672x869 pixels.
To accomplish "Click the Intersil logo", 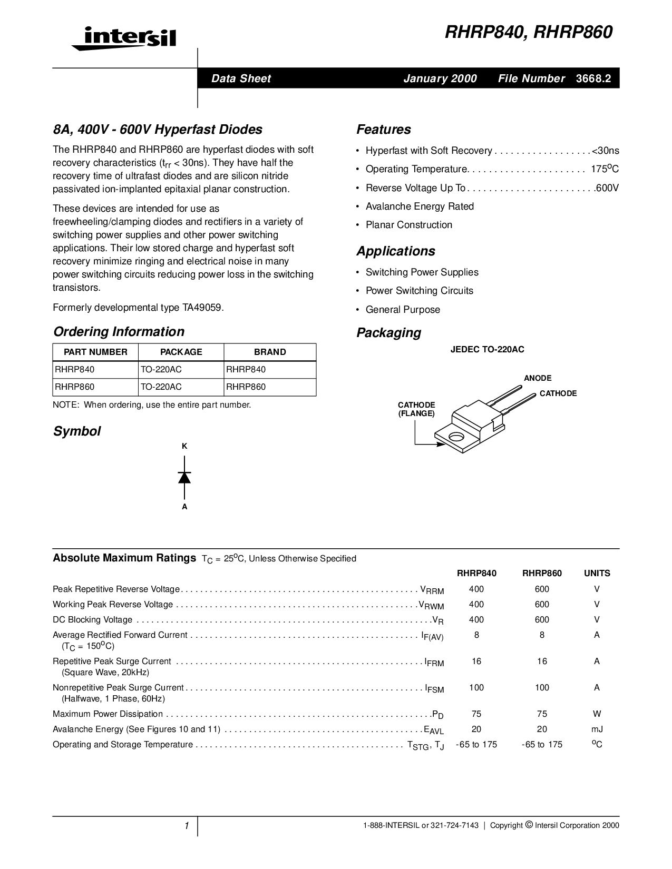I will pos(124,38).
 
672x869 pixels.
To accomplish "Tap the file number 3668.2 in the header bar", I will pos(593,78).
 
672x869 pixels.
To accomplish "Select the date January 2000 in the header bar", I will pos(440,78).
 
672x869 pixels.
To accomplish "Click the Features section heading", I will pos(383,130).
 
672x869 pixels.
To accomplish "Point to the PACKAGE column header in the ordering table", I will pos(181,352).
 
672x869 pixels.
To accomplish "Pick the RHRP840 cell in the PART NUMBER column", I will pos(75,369).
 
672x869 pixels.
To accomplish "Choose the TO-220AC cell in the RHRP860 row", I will pos(161,387).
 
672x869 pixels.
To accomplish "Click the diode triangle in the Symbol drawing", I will pos(184,477).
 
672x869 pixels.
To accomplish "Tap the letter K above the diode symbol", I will pos(184,446).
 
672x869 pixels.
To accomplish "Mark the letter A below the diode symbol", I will pos(184,507).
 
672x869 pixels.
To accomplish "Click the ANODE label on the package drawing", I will pos(538,378).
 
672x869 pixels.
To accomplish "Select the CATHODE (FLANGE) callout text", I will pos(416,409).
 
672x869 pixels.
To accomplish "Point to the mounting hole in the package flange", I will pos(456,437).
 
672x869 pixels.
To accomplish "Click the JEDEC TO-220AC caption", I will pos(487,349).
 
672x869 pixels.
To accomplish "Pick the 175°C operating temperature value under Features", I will pos(605,169).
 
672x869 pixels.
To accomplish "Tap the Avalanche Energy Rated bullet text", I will pos(420,206).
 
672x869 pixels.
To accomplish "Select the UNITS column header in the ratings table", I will pos(597,573).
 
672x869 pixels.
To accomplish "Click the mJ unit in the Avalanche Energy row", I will pos(597,729).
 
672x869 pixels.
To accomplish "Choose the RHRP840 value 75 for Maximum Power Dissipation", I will pos(476,714).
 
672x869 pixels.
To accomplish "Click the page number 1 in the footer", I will pos(187,826).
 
